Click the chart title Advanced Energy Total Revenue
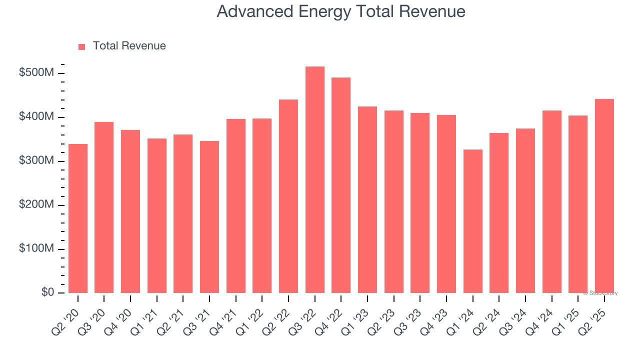click(341, 11)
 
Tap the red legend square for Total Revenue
click(82, 46)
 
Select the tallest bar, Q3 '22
click(315, 180)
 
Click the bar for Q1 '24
click(472, 221)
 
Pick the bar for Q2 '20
click(78, 218)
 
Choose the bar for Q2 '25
click(604, 196)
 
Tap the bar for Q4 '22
click(341, 185)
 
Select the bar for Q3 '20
click(104, 207)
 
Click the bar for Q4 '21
click(236, 206)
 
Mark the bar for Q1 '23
click(367, 200)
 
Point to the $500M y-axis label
click(36, 73)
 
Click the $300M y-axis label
click(36, 161)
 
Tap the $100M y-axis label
click(36, 249)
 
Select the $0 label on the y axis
click(47, 292)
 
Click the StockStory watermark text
click(600, 293)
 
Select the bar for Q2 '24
click(499, 213)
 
